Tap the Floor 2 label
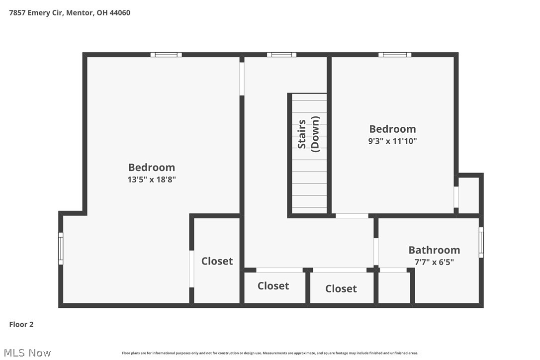tap(21, 325)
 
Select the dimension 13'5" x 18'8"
tap(152, 180)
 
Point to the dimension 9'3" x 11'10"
tap(392, 141)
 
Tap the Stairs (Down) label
tap(308, 133)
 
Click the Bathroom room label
tap(434, 250)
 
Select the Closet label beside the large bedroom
tap(217, 261)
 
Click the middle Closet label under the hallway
tap(273, 285)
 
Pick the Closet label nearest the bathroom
tap(341, 288)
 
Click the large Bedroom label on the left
tap(152, 168)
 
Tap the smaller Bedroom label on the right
tap(392, 129)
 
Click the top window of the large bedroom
tap(166, 55)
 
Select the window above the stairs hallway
tap(281, 55)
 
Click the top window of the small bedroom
tap(395, 55)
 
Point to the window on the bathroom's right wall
tap(481, 242)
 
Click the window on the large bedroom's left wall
tap(61, 248)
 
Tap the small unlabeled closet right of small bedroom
tap(468, 195)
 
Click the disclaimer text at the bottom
tap(270, 353)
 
